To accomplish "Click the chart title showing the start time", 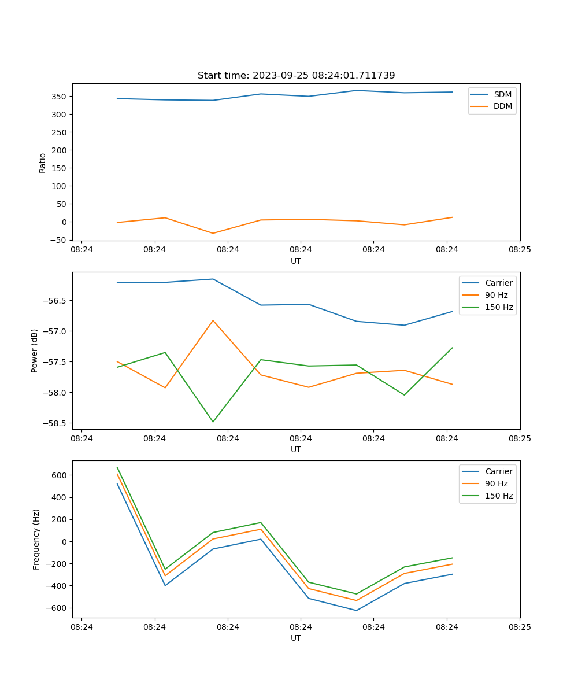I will [296, 76].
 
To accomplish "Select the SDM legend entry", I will [502, 94].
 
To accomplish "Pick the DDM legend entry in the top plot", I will [502, 106].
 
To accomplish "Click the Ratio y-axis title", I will [43, 163].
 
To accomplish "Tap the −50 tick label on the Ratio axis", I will [60, 240].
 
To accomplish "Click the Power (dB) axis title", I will [35, 350].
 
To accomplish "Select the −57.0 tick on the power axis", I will [57, 331].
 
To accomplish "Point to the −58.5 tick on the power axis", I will [57, 423].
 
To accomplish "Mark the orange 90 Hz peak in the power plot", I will [213, 320].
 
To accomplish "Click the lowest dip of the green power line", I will [213, 422].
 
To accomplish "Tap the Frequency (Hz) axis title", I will [36, 539].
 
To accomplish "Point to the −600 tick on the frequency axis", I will [58, 608].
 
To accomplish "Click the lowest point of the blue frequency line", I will [356, 610].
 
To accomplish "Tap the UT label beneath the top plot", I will [296, 261].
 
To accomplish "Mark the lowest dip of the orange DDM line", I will [213, 233].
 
